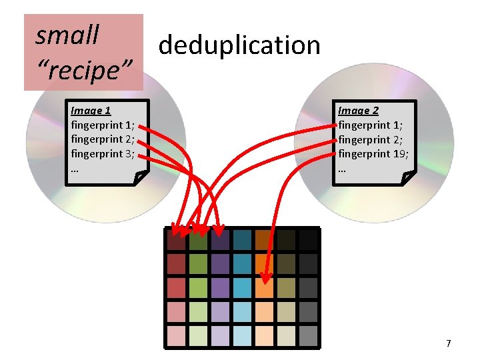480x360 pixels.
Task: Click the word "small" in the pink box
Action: coord(67,35)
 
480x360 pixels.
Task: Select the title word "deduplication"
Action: coord(239,45)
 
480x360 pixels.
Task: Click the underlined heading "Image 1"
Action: coord(91,111)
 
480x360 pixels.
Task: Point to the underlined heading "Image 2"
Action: coord(358,111)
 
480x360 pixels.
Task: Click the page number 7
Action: coord(448,343)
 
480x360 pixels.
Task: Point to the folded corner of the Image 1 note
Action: coord(141,177)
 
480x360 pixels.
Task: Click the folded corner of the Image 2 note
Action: coord(409,177)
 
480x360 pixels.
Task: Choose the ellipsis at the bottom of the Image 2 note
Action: coord(342,169)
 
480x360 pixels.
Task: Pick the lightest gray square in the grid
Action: coord(307,335)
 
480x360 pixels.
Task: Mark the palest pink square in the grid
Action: coord(176,335)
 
